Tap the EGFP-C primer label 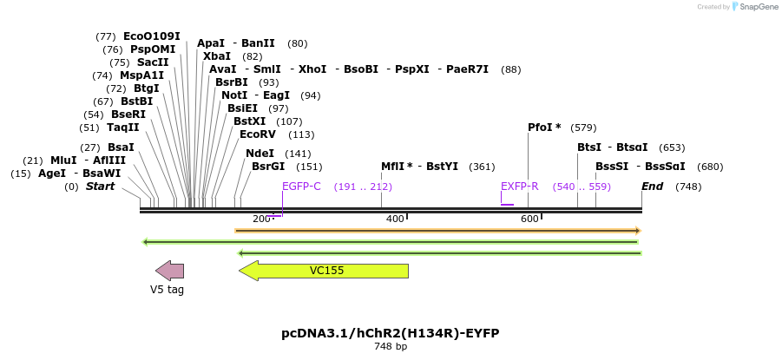301,187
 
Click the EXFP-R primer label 519,187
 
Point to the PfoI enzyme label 540,128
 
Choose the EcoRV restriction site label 257,134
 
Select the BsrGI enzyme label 267,167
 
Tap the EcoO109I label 151,36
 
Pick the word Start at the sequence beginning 100,187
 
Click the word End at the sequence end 652,187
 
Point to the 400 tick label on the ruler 395,219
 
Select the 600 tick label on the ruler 529,219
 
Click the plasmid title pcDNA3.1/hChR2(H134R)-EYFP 390,333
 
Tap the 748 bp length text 390,347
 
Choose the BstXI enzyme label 249,121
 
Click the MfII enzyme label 397,167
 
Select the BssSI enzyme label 612,167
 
